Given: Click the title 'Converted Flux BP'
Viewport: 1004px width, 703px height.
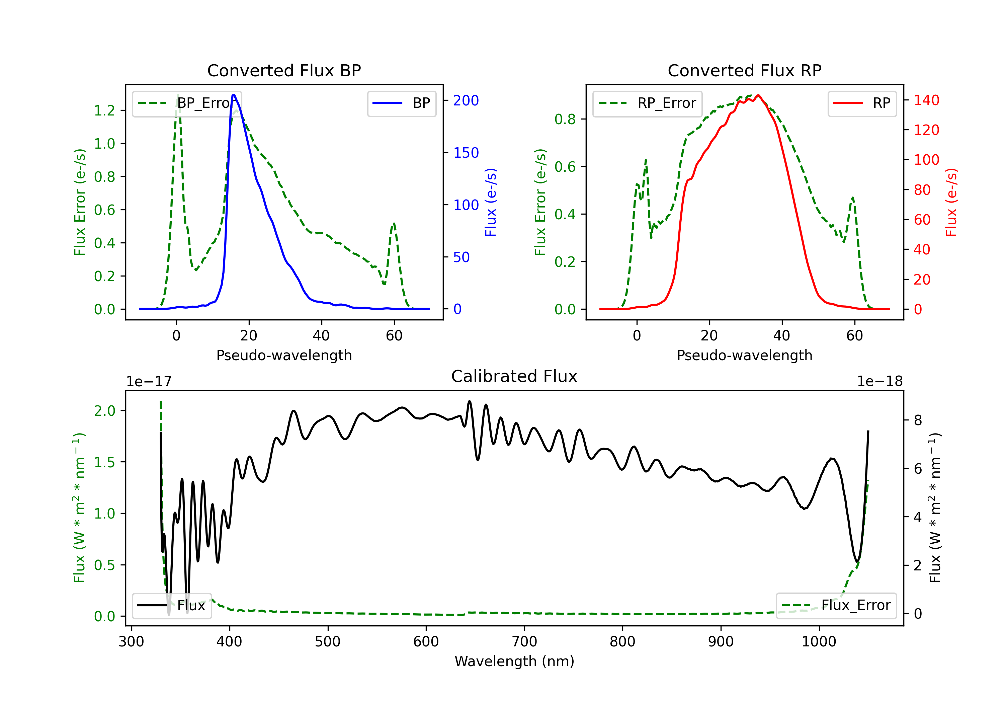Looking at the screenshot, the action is pos(284,70).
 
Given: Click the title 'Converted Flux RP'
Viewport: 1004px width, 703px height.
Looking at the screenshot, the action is pos(745,70).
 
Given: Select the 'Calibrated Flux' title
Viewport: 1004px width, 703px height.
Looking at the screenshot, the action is pos(514,376).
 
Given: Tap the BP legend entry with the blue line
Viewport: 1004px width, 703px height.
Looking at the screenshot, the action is pos(401,103).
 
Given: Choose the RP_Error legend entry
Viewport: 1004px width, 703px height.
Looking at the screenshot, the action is pos(647,103).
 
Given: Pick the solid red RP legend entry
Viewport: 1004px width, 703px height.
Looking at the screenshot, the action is pos(862,103).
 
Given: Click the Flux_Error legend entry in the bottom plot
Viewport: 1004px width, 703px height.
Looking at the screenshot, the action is pos(836,606).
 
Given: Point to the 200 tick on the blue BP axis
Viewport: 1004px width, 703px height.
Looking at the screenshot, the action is pos(466,101).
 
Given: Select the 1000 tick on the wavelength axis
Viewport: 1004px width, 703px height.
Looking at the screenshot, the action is pos(819,642).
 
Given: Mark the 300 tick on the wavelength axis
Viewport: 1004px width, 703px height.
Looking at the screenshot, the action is pos(131,642).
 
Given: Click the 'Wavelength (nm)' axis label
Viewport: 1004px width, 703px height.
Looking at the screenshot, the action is pos(514,661).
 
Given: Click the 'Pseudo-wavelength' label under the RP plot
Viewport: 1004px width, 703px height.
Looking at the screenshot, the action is pos(745,355).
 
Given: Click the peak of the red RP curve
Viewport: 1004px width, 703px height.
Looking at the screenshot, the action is pos(758,95).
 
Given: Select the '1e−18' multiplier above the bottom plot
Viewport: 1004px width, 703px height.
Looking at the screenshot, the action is pos(880,382).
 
